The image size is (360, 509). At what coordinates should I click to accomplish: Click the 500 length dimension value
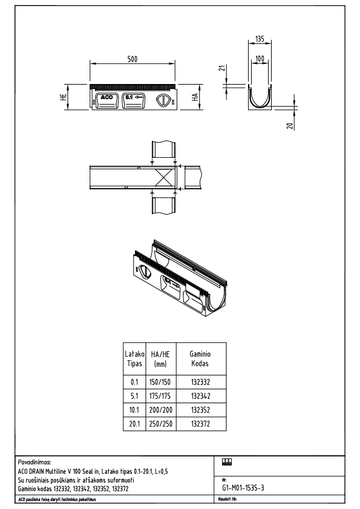[133, 59]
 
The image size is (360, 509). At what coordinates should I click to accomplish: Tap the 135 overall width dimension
[260, 39]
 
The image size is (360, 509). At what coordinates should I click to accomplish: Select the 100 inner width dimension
[260, 59]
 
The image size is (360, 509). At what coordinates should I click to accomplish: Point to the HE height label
[64, 99]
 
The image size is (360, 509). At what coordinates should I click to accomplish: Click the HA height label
[195, 99]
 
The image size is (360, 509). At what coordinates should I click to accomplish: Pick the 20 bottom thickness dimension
[290, 126]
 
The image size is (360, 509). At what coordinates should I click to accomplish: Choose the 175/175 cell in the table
[160, 396]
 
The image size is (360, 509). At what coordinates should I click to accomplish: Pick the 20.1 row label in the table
[134, 424]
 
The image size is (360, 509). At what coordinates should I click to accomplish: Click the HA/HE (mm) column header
[160, 359]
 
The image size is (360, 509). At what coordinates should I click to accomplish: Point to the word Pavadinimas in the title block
[35, 461]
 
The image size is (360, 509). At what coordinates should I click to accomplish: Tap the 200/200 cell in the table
[160, 410]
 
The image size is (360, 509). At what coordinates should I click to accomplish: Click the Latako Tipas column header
[134, 358]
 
